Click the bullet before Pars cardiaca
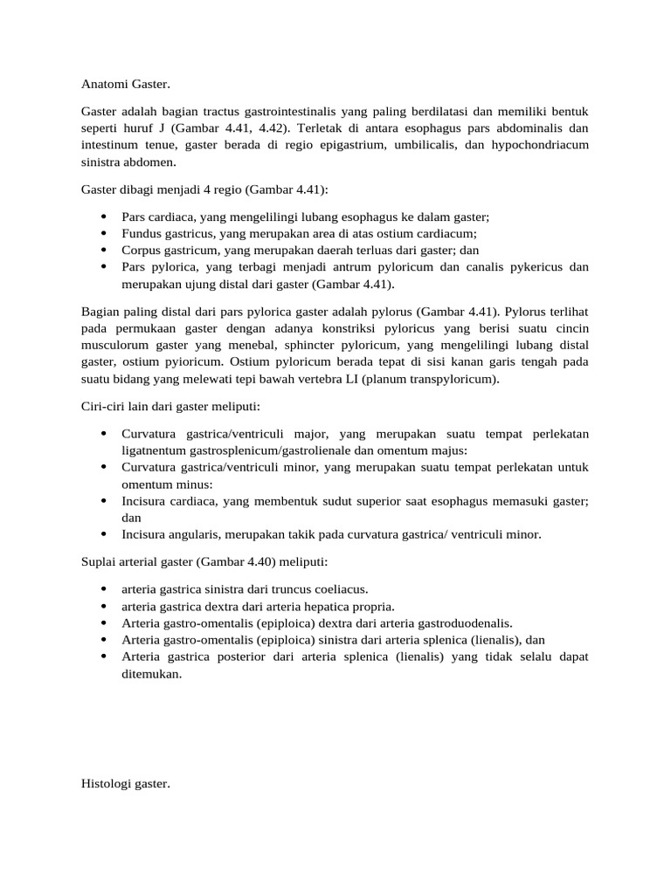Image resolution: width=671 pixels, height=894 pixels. [x=104, y=217]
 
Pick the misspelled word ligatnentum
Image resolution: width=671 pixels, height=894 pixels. [x=158, y=450]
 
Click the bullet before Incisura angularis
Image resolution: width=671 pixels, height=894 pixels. [x=104, y=534]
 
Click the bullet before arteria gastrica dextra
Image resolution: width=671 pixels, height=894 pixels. [x=104, y=606]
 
